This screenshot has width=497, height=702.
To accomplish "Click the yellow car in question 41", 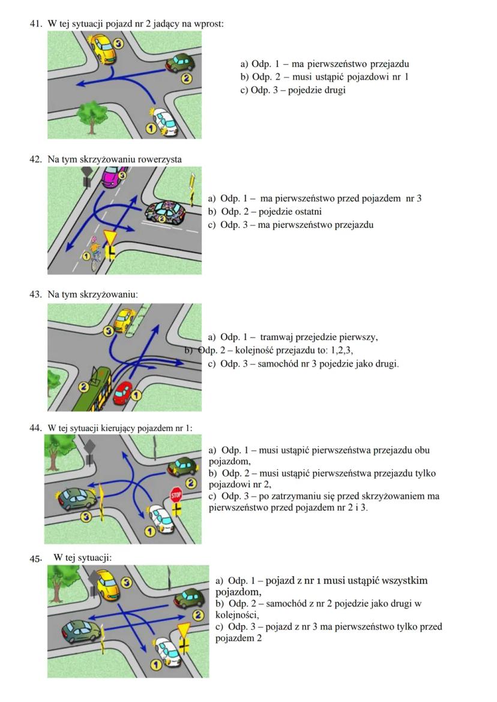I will pyautogui.click(x=103, y=48).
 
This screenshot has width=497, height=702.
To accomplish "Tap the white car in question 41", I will pyautogui.click(x=165, y=120).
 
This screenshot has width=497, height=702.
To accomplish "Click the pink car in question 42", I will pyautogui.click(x=112, y=177).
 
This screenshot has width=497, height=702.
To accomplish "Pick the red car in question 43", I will pyautogui.click(x=123, y=393).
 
